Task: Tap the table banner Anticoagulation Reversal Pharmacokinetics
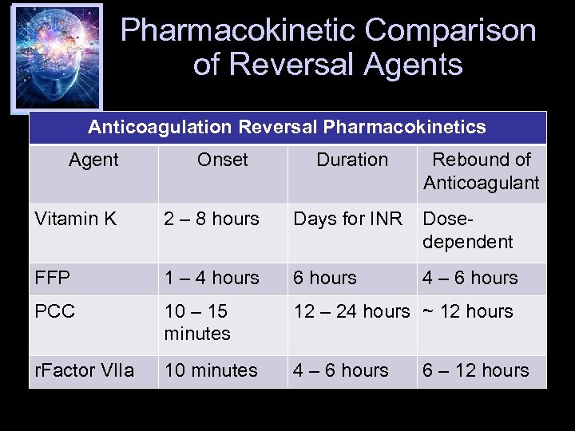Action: tap(287, 128)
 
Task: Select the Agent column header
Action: tap(93, 160)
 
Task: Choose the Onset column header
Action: tap(222, 160)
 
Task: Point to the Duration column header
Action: tap(351, 160)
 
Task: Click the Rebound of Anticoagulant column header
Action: tap(481, 171)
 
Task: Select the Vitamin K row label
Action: tap(76, 219)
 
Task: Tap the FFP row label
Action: tap(53, 279)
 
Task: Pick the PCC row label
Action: tap(54, 311)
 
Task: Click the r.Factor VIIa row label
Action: tap(85, 370)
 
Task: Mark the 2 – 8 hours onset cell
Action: tap(212, 219)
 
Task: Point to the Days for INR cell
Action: tap(347, 219)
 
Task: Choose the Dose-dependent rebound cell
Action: tap(467, 230)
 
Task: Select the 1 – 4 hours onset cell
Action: tap(212, 279)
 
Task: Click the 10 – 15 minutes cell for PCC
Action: tap(196, 322)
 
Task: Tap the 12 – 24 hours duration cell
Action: tap(351, 311)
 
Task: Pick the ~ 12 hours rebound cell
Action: tap(467, 311)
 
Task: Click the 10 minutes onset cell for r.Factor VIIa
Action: tap(211, 370)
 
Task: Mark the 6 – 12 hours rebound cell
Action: tap(475, 370)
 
